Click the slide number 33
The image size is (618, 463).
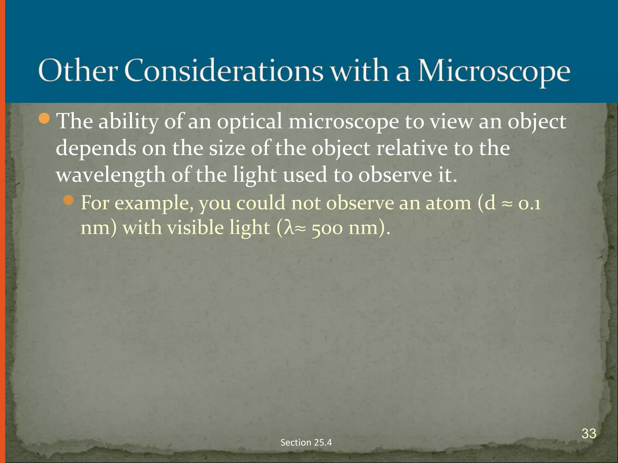(x=589, y=433)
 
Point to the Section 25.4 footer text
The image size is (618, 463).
(x=306, y=442)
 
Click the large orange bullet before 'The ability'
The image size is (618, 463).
(x=44, y=118)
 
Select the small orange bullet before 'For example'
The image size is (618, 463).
(x=69, y=200)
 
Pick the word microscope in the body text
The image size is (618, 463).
(x=344, y=122)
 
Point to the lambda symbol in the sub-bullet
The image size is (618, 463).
(x=289, y=228)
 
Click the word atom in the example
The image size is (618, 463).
(x=448, y=203)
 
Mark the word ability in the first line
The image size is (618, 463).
(x=129, y=122)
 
